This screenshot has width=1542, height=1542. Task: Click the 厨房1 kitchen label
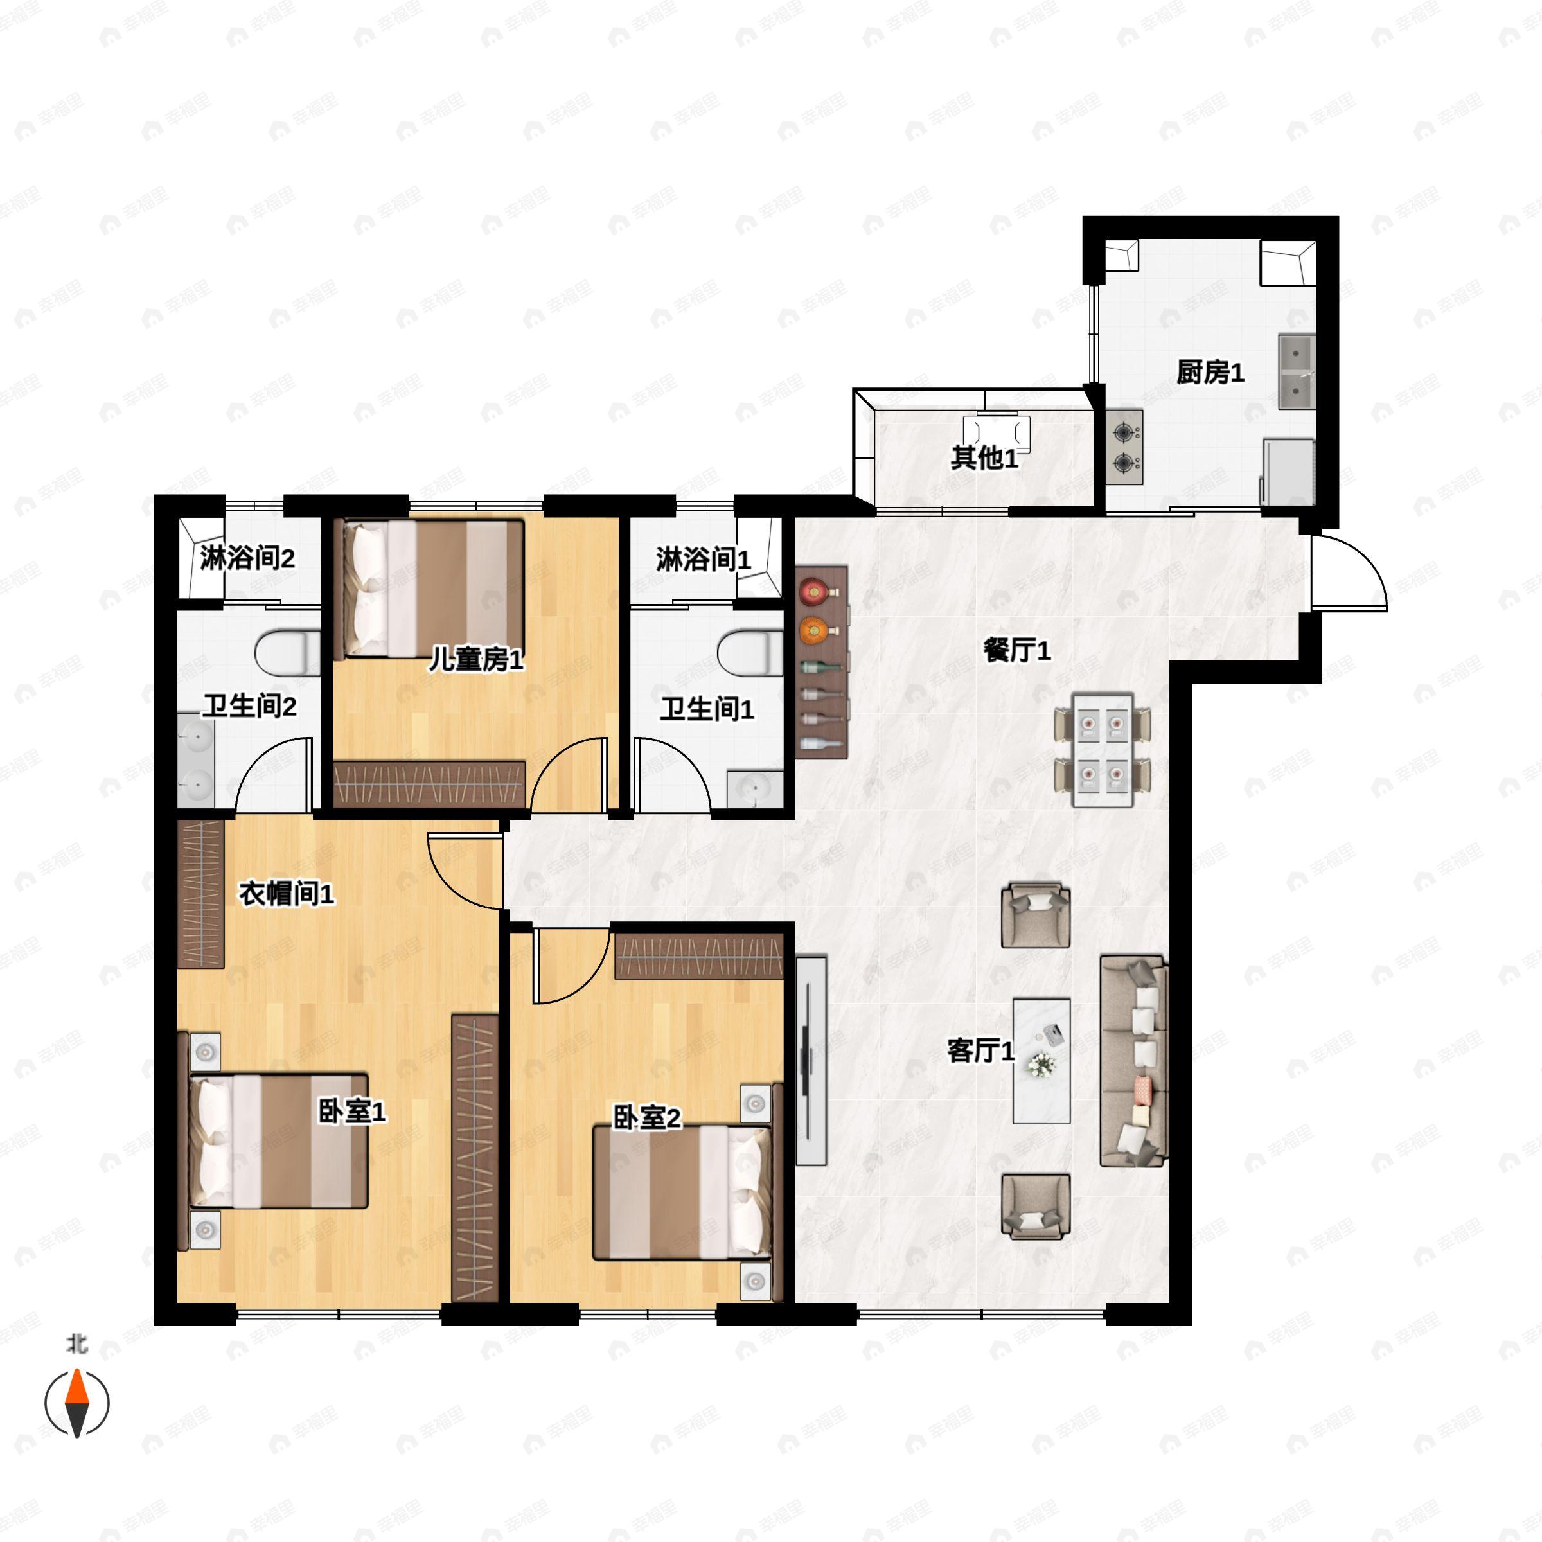pos(1210,373)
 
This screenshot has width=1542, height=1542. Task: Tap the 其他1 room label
pos(984,458)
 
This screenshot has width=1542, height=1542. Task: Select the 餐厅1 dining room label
pos(1017,651)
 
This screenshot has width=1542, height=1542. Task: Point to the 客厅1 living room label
pos(981,1051)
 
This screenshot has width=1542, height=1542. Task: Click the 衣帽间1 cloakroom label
pos(287,895)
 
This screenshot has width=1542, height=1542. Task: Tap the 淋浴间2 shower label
pos(247,558)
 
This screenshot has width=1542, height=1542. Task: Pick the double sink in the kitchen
pos(1297,372)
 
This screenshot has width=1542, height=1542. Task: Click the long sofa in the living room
pos(1134,1061)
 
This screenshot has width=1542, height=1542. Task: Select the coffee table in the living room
pos(1041,1061)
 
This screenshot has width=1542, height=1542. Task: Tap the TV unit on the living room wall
pos(811,1061)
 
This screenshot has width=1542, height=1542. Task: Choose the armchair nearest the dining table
pos(1036,915)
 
